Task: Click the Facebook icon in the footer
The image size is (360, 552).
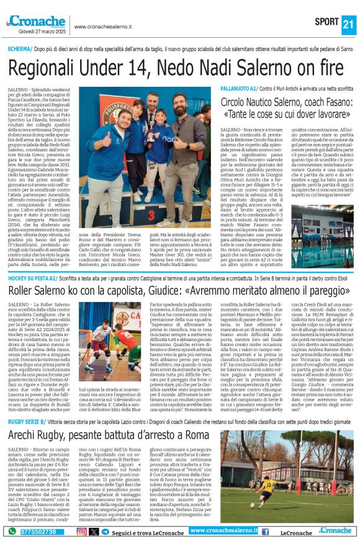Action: tap(265, 532)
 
